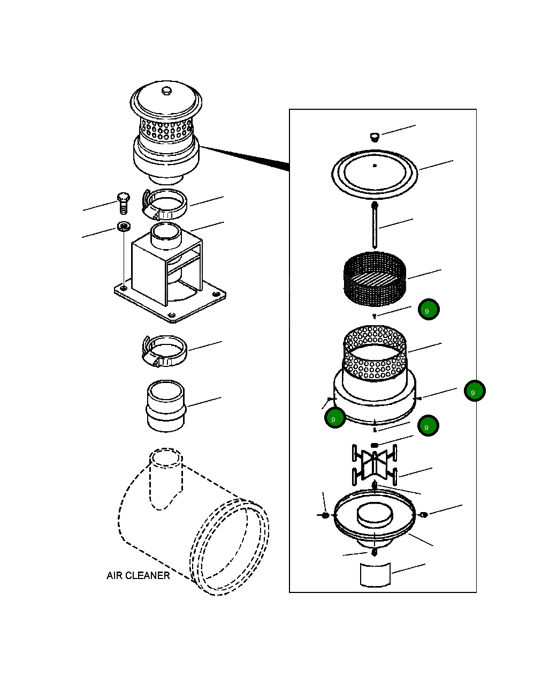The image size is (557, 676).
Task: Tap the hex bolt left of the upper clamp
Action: (123, 203)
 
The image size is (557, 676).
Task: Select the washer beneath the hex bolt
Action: (124, 226)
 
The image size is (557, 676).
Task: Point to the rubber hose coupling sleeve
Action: (166, 406)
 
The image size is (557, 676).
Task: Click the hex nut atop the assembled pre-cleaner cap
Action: (166, 91)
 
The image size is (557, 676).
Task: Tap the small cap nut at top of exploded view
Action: (375, 137)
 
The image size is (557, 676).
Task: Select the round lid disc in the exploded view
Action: (375, 175)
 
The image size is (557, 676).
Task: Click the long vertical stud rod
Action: (375, 226)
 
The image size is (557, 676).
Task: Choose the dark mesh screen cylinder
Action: (375, 279)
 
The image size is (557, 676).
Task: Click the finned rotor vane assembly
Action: (374, 465)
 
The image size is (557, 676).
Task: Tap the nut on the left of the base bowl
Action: (325, 515)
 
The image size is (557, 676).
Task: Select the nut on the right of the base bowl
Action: (424, 515)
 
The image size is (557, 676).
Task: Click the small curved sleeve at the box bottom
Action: (375, 575)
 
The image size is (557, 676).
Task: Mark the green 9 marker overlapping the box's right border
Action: (475, 391)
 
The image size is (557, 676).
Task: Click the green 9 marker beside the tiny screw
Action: (429, 310)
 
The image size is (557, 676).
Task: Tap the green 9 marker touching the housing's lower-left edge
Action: (335, 418)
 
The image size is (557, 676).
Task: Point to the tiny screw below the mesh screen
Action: (375, 316)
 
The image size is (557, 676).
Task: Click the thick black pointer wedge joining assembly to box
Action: (244, 157)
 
